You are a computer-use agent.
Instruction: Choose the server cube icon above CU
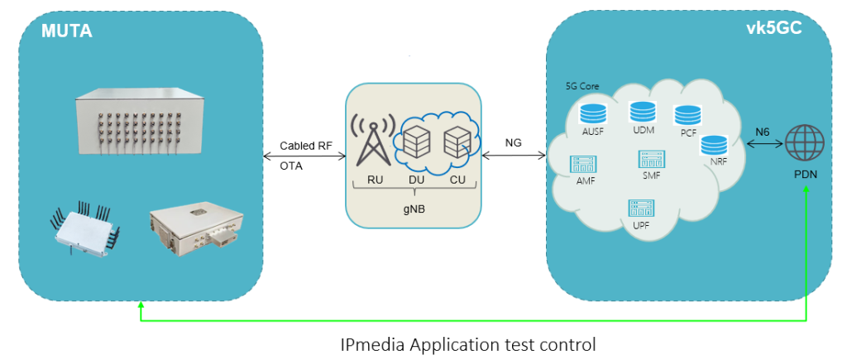pos(457,142)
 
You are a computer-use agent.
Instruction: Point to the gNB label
pos(414,209)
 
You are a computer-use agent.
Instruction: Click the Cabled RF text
pos(306,145)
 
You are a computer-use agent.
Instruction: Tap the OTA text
pos(292,166)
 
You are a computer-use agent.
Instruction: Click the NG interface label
pos(513,142)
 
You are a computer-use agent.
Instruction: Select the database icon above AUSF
pos(592,113)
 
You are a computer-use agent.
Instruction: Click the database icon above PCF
pos(687,115)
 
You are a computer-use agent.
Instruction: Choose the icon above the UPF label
pos(640,208)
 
